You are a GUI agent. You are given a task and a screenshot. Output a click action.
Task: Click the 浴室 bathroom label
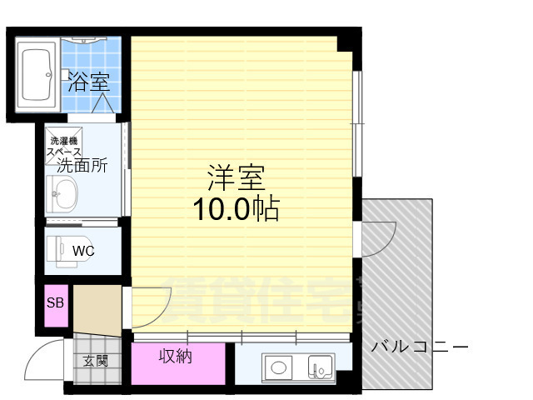coord(89,82)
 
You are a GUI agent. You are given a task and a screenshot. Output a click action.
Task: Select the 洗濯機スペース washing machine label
coord(63,147)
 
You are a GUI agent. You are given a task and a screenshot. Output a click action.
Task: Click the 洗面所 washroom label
coord(82,166)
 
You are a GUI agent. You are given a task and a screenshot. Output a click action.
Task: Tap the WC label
coord(83,250)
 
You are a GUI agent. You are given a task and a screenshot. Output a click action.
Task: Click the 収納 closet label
coord(176,357)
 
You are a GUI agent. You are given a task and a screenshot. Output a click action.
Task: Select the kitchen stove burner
coord(276,366)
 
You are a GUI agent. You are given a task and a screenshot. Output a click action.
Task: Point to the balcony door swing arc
coord(376,238)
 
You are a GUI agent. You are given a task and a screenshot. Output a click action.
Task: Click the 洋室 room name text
coord(236,177)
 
